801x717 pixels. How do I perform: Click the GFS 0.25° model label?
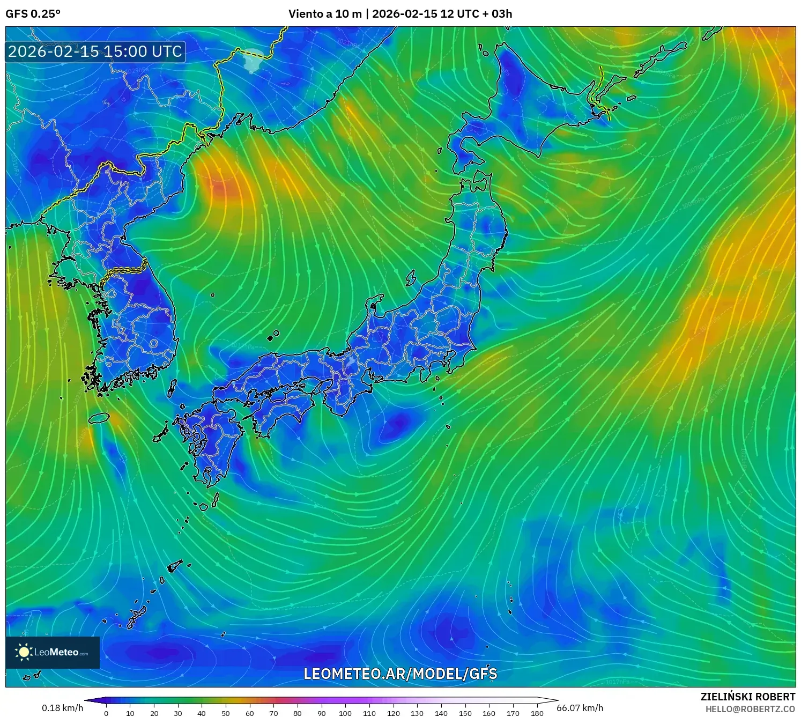click(x=33, y=14)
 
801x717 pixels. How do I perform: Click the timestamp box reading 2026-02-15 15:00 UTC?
click(x=95, y=52)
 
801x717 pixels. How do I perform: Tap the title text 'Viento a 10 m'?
click(x=325, y=14)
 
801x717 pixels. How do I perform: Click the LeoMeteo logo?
click(x=53, y=652)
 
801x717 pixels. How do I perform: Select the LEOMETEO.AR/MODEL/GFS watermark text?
click(x=400, y=674)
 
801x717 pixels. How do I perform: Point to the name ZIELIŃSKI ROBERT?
click(x=747, y=697)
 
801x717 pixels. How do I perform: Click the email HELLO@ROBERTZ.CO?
click(x=750, y=709)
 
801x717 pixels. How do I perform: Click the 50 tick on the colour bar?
click(x=226, y=713)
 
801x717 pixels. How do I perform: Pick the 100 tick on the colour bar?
click(x=345, y=713)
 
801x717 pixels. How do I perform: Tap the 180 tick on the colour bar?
click(x=537, y=713)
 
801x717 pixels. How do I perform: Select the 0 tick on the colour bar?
click(x=106, y=713)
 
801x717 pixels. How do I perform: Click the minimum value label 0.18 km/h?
click(x=63, y=708)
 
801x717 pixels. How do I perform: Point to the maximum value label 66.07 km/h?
click(x=580, y=708)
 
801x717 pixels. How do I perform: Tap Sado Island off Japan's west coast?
click(x=411, y=278)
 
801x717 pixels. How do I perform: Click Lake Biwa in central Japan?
click(x=350, y=362)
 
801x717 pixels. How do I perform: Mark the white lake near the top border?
click(x=252, y=60)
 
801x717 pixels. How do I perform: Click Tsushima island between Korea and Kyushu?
click(x=172, y=388)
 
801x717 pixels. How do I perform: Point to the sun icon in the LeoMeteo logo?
click(x=24, y=652)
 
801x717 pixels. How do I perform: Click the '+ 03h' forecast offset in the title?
click(x=497, y=14)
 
